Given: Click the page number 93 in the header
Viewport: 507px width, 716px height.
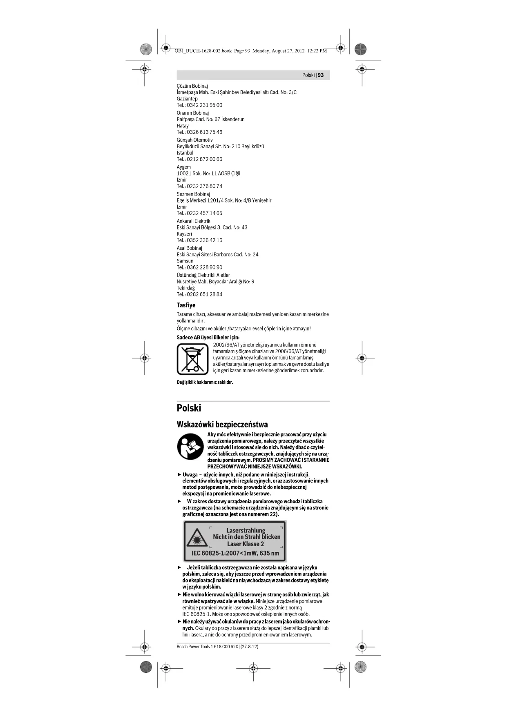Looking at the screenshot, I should (x=321, y=75).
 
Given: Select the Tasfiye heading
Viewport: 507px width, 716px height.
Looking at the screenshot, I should (x=186, y=305).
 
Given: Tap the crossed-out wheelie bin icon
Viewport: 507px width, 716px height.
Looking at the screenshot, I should (x=192, y=359).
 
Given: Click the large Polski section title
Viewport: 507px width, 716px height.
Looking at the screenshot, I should (x=189, y=408).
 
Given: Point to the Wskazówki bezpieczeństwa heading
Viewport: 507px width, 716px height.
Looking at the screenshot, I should (x=222, y=425).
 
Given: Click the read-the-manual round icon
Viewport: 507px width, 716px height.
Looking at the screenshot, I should (x=190, y=447).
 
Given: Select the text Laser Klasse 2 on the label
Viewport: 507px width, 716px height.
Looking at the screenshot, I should (x=246, y=544).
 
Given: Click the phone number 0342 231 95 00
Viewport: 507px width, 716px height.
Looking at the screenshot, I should (x=204, y=105).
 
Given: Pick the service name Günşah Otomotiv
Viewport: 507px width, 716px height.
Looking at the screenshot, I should (x=194, y=140).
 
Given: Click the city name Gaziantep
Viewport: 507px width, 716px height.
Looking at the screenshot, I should (x=187, y=99).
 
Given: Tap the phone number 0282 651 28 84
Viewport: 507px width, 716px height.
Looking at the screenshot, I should (x=204, y=294).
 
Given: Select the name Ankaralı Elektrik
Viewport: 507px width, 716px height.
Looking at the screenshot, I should (x=193, y=221).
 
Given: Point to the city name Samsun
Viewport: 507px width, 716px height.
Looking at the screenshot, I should (x=185, y=261).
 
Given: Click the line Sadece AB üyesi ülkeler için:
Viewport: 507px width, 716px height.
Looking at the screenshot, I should (x=208, y=338).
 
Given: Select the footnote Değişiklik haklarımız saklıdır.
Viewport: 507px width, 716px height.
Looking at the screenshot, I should (x=205, y=382).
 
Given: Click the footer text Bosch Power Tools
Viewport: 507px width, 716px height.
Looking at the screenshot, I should (x=193, y=647).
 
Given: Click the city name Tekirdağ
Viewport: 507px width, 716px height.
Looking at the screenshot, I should (x=185, y=288).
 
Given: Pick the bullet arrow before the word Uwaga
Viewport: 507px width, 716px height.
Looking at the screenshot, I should (x=179, y=475).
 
